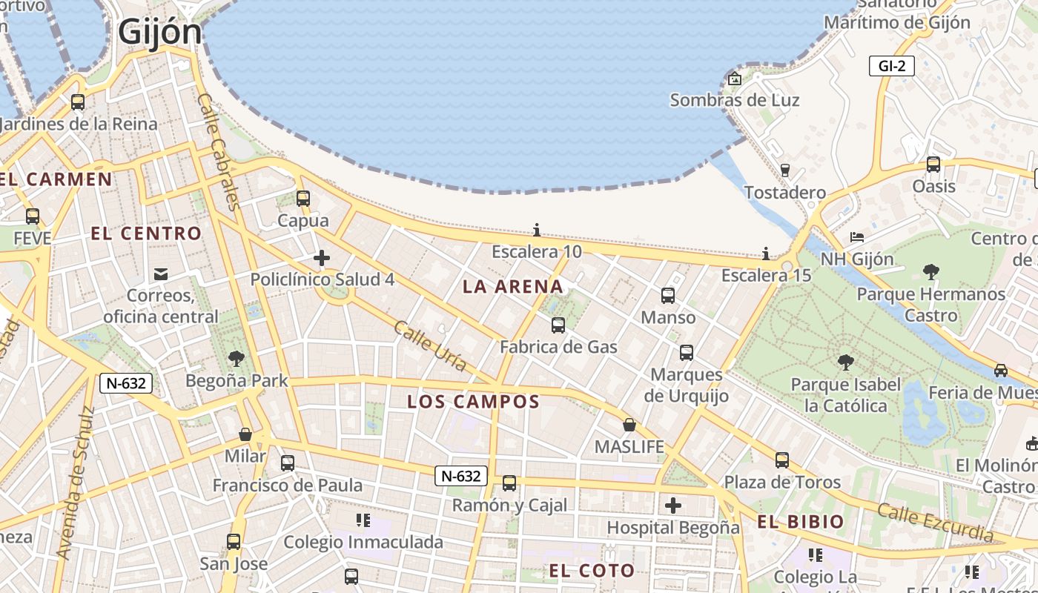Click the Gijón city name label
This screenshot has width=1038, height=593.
(159, 32)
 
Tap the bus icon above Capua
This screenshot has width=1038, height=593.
(303, 199)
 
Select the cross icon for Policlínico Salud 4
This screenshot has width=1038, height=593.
(322, 258)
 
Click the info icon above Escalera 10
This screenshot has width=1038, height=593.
(537, 230)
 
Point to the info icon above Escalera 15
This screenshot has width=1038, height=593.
(766, 254)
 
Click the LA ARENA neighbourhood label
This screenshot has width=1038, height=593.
(513, 287)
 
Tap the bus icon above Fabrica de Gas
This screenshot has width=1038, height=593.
(558, 325)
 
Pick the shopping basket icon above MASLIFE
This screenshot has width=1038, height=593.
(629, 425)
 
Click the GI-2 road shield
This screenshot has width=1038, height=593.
(891, 66)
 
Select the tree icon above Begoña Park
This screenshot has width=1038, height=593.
(237, 359)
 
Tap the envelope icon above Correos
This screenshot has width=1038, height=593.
(161, 274)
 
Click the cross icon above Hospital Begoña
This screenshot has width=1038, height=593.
(673, 506)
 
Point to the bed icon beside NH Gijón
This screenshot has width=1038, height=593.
(857, 237)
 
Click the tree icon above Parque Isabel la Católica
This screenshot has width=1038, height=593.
(845, 362)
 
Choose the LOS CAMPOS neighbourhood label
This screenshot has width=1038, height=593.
(473, 402)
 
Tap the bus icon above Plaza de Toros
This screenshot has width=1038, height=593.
(782, 460)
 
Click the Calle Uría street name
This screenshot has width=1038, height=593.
(430, 346)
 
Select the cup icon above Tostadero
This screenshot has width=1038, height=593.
(785, 170)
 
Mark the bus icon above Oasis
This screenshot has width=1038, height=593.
(933, 164)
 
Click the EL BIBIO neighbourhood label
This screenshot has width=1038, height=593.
(801, 522)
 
